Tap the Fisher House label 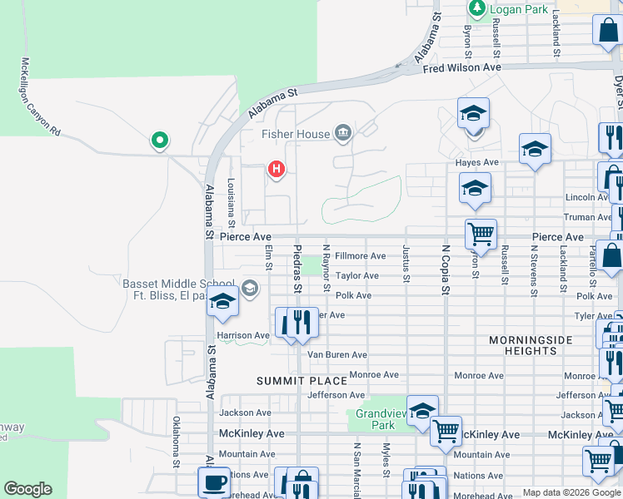point(296,134)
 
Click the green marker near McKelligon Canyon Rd point(158,141)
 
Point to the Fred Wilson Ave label point(461,67)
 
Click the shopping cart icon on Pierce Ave point(481,235)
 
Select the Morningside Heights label point(531,345)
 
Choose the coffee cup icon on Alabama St point(214,482)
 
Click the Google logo point(27,489)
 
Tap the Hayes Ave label point(476,162)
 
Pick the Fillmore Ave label point(360,256)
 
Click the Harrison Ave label point(242,335)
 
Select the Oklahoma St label point(177,437)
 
